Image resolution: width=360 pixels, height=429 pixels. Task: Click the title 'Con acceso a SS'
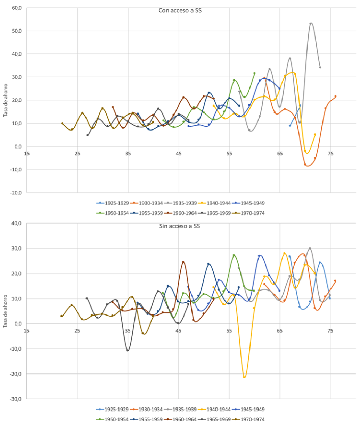(180, 11)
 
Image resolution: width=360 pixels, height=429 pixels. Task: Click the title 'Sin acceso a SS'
(180, 226)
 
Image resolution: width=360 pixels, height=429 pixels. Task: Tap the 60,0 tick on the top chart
(17, 8)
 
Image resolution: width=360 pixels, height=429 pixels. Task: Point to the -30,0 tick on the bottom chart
(16, 399)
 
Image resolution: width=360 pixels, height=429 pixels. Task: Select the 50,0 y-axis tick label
(17, 31)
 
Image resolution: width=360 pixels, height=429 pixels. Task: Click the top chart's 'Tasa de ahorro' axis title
(6, 100)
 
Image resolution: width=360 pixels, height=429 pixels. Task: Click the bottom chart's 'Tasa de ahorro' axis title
(6, 311)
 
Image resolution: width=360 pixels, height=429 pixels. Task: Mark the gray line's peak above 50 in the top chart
(311, 23)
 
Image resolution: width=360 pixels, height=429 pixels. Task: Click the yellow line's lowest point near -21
(244, 377)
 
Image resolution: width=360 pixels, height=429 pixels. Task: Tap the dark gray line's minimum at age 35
(128, 350)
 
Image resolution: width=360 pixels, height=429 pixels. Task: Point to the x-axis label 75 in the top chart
(330, 154)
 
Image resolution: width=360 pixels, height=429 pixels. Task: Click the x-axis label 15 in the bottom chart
(27, 331)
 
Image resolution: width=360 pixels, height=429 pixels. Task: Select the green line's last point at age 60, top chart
(254, 73)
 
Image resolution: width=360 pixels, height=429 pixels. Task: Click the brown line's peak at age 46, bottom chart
(183, 262)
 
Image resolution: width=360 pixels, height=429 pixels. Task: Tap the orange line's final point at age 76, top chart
(335, 96)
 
